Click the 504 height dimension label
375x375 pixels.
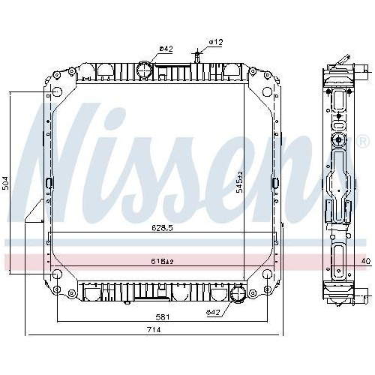pyautogui.click(x=7, y=183)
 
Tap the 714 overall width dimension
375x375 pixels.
pyautogui.click(x=154, y=329)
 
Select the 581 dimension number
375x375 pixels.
pyautogui.click(x=163, y=317)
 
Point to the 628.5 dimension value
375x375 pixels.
pyautogui.click(x=162, y=228)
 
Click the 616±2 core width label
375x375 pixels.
pyautogui.click(x=162, y=262)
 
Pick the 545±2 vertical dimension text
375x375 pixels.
pyautogui.click(x=240, y=182)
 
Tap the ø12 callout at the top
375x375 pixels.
pyautogui.click(x=216, y=42)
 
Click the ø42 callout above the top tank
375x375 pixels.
pyautogui.click(x=166, y=49)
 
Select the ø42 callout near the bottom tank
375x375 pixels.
pyautogui.click(x=213, y=312)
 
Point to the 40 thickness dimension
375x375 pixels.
pyautogui.click(x=366, y=261)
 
